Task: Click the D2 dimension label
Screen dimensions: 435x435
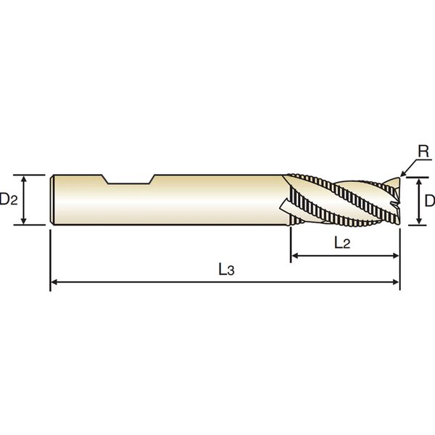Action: point(8,199)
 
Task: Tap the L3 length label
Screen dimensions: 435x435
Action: point(227,270)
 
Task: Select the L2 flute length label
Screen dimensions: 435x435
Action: point(342,243)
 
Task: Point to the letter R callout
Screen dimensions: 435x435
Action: point(423,152)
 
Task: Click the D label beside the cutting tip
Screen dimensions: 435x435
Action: point(430,201)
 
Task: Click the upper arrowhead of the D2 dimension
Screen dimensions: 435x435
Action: point(24,178)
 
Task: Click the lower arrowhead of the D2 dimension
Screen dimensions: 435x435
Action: point(24,221)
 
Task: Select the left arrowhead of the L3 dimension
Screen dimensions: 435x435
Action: point(54,282)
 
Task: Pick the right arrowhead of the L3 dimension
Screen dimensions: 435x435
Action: point(396,282)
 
